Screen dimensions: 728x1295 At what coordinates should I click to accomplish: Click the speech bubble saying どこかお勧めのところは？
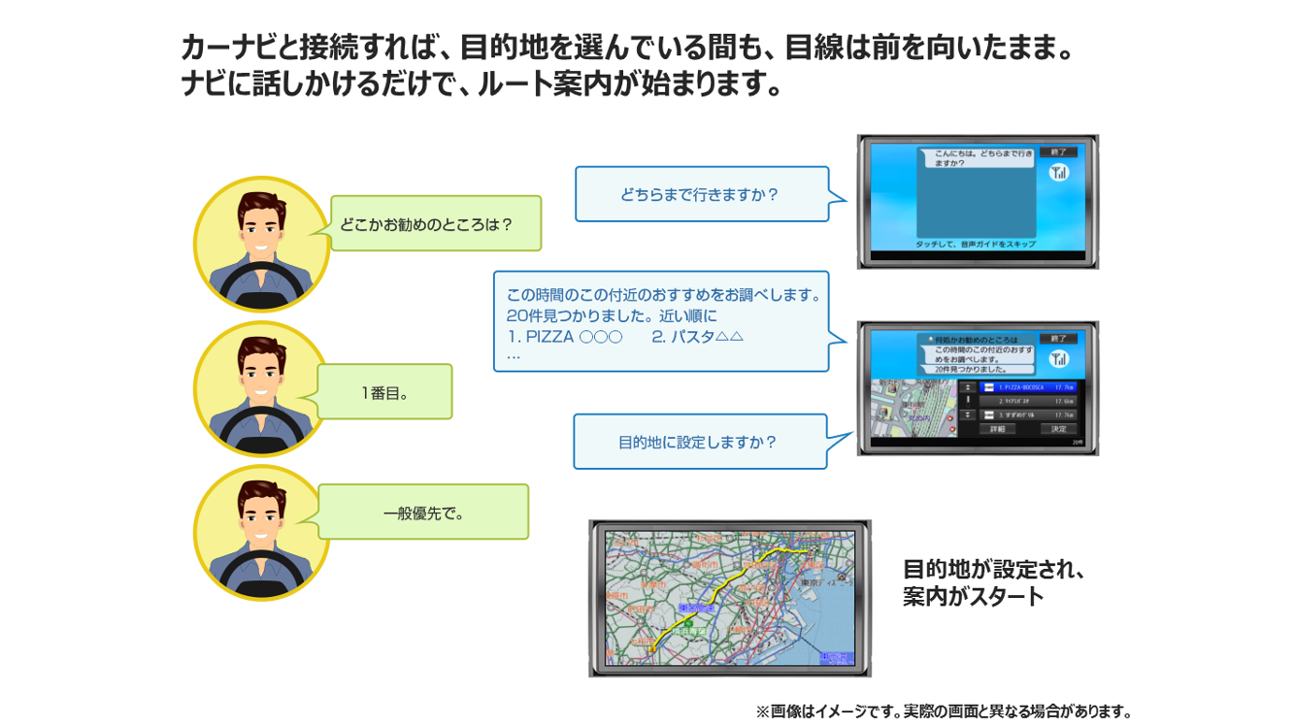[435, 223]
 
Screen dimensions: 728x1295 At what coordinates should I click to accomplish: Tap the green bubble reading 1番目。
[384, 392]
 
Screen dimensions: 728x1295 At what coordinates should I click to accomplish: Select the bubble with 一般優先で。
[423, 513]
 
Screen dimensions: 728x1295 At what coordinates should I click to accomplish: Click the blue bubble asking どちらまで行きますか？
[700, 194]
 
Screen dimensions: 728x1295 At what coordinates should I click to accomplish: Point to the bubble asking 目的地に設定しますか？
[699, 442]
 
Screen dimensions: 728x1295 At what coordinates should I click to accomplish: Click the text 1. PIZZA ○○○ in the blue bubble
[564, 337]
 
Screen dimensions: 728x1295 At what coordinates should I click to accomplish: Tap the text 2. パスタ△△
[697, 337]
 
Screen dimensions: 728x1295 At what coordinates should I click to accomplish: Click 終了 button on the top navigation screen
[1058, 152]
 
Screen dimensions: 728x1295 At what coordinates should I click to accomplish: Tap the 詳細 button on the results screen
[996, 429]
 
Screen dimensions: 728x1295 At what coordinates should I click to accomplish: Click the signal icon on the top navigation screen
[1058, 173]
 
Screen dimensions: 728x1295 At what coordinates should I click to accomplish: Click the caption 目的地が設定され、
[993, 570]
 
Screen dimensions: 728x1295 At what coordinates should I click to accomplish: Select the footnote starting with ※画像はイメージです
[944, 711]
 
